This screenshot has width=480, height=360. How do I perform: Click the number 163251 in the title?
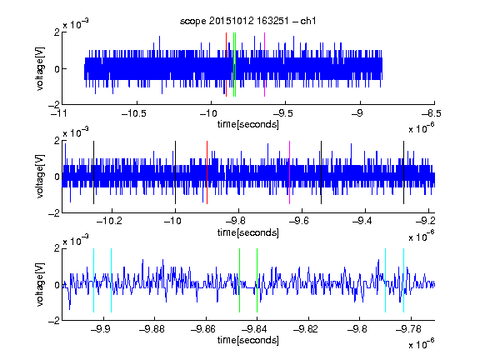pyautogui.click(x=272, y=21)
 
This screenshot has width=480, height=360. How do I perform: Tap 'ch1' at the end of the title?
pyautogui.click(x=308, y=21)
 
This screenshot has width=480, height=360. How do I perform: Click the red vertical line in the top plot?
pyautogui.click(x=226, y=65)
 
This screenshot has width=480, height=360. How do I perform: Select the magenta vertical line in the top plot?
pyautogui.click(x=264, y=65)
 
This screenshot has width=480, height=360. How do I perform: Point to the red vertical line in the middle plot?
pyautogui.click(x=207, y=172)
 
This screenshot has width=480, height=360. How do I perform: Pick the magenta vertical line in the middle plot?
pyautogui.click(x=289, y=172)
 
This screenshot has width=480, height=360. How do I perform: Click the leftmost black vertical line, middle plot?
pyautogui.click(x=93, y=172)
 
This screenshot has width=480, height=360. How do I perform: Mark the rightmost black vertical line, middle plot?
pyautogui.click(x=403, y=172)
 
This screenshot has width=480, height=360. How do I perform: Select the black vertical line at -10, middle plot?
pyautogui.click(x=175, y=172)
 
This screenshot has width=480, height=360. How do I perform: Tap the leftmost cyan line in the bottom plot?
pyautogui.click(x=93, y=280)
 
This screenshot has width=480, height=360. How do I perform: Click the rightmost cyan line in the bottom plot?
pyautogui.click(x=403, y=280)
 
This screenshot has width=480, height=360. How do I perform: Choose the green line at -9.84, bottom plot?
pyautogui.click(x=257, y=280)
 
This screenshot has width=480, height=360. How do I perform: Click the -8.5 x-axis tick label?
pyautogui.click(x=432, y=113)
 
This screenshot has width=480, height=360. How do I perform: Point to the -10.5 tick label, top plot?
pyautogui.click(x=134, y=113)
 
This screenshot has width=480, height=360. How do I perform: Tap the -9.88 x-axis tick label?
pyautogui.click(x=152, y=329)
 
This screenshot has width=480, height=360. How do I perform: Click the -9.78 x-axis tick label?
pyautogui.click(x=408, y=329)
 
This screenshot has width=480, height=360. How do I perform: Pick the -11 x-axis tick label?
pyautogui.click(x=60, y=113)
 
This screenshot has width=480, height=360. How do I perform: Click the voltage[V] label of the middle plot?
pyautogui.click(x=40, y=177)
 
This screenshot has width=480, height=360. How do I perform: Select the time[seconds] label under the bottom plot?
pyautogui.click(x=248, y=340)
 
